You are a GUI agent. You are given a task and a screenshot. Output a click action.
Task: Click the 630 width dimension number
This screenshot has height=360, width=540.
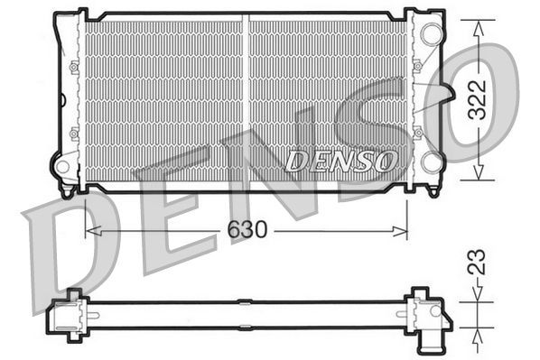246,231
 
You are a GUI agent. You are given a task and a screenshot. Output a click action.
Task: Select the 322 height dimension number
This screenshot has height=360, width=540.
479,99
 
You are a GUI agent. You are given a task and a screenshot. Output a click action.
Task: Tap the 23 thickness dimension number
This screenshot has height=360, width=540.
479,263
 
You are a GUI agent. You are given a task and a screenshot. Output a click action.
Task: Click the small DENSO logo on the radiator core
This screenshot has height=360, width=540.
341,161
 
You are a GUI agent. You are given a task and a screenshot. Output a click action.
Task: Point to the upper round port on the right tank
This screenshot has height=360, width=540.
432,35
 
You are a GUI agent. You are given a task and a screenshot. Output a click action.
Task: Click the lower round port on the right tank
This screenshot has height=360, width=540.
432,162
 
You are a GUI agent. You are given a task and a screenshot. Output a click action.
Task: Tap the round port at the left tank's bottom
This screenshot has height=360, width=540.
63,167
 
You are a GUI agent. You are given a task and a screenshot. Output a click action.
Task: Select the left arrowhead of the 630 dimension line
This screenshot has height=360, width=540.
90,231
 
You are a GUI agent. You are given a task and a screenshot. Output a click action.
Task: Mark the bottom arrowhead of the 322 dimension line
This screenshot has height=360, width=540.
479,178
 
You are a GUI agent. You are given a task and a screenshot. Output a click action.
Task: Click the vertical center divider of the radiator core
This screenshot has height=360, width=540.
245,99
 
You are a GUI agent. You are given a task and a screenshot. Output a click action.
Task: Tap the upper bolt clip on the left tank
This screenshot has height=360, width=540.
74,66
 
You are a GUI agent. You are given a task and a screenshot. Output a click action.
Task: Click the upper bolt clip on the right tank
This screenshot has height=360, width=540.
417,66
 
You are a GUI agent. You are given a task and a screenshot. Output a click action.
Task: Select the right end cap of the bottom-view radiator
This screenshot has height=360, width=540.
425,313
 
